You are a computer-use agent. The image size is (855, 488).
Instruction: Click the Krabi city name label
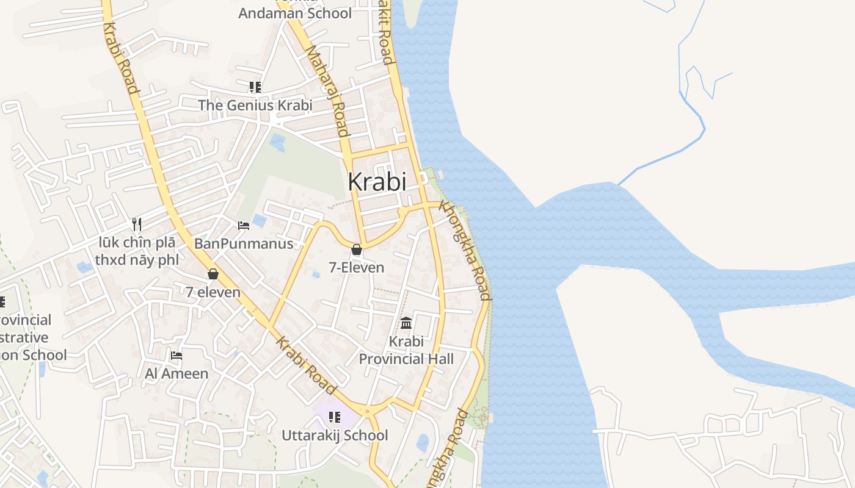click(377, 181)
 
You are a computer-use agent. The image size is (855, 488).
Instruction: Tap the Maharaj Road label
click(327, 91)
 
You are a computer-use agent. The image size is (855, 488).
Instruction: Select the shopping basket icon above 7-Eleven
click(357, 249)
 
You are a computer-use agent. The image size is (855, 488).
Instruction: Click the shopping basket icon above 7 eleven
click(213, 274)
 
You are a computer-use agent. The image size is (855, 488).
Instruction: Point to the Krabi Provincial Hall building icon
click(406, 323)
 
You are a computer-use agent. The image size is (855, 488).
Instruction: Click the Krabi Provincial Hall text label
click(406, 350)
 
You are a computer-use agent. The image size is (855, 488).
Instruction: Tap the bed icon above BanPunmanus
click(244, 226)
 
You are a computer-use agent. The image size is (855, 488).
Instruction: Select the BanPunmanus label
click(244, 244)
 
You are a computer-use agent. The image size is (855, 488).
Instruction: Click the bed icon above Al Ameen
click(176, 355)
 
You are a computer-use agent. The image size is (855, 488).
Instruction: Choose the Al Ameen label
click(176, 373)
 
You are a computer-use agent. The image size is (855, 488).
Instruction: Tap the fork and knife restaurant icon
click(137, 224)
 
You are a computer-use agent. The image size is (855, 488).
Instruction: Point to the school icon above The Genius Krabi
click(255, 87)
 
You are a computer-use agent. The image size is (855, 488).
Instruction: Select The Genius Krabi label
click(255, 105)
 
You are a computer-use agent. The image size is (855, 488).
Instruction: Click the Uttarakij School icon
click(335, 417)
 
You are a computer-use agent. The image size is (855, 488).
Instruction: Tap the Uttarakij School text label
click(335, 436)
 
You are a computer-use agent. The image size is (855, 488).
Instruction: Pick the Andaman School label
click(295, 13)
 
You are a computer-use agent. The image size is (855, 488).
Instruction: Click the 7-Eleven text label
click(357, 267)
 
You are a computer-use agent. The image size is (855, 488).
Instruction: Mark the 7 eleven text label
click(213, 292)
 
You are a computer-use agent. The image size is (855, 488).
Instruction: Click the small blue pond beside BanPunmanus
click(260, 220)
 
